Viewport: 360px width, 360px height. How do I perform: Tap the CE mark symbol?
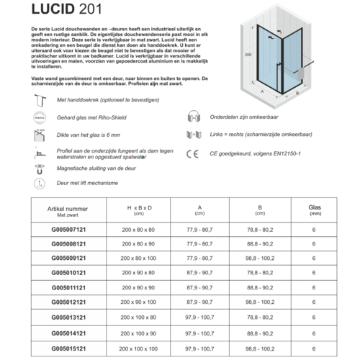(x=192, y=153)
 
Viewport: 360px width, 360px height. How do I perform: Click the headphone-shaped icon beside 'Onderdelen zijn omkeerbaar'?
(x=192, y=120)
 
